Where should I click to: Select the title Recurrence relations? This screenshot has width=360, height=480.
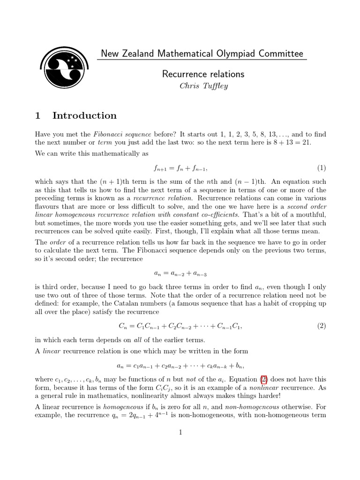coord(203,74)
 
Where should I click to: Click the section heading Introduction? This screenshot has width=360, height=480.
coord(84,115)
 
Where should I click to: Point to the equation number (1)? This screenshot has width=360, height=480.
coord(321,168)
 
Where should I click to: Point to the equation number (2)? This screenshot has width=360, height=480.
coord(321,326)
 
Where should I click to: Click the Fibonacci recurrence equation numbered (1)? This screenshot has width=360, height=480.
coord(180,168)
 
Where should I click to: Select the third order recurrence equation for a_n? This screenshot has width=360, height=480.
coord(180,273)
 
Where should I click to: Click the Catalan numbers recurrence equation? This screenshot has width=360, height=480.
coord(180,326)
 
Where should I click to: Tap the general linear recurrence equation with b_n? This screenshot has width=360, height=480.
coord(180,365)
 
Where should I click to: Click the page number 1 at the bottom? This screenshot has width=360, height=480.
coord(180,432)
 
